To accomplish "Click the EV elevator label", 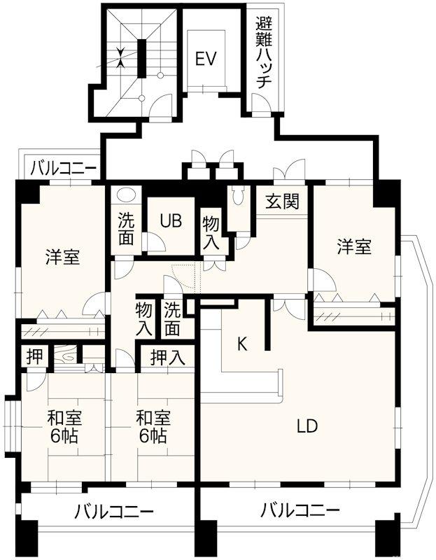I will coord(204,59).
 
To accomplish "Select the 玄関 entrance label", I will coord(282,202).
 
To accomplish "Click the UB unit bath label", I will coord(170,220).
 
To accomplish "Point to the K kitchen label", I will coord(242,344).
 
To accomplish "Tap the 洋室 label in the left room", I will coord(62,256).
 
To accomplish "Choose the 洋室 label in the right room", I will coord(353,246).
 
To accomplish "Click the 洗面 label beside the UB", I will coord(126,229).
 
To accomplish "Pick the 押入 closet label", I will coord(168,358).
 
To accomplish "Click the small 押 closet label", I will coord(34,356).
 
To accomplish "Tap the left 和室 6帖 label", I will coord(64,427).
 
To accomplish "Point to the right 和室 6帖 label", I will coord(152,427).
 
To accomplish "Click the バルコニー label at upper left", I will coord(63,168).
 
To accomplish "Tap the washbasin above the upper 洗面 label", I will coord(127,195).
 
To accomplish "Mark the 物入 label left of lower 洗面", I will coord(144,317).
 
